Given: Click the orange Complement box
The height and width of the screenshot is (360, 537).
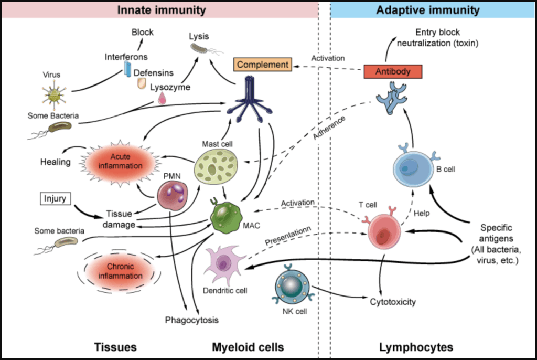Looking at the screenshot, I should tap(263, 65).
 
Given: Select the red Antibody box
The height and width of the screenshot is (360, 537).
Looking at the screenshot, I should tap(393, 72).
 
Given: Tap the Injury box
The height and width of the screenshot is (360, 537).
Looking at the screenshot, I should tap(55, 199).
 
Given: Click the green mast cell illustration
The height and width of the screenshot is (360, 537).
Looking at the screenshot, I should tap(216, 167).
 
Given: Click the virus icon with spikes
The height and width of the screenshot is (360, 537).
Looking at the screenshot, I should tap(53, 96).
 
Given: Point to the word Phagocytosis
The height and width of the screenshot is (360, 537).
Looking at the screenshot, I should tap(191, 320).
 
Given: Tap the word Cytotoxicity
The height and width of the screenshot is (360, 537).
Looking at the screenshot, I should tap(393, 302).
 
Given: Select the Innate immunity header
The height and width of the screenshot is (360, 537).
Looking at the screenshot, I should tap(161, 10).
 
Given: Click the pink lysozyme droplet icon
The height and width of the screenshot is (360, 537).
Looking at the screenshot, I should tap(162, 98).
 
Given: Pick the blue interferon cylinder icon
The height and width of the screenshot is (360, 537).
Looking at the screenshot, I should tap(127, 69).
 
